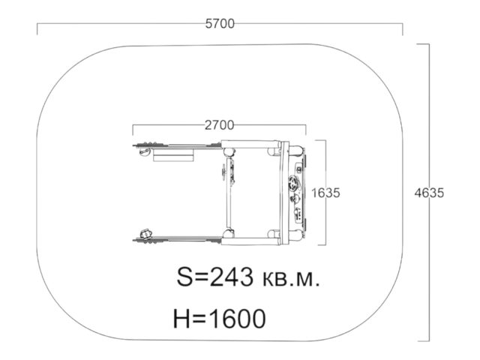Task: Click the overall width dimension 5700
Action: point(220,23)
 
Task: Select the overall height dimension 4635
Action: point(429,193)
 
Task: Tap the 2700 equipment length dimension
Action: point(219,125)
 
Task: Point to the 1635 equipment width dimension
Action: point(325,193)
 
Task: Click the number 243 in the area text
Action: point(232,277)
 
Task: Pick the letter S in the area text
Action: point(185,277)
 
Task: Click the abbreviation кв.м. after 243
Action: point(291,278)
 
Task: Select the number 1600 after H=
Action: point(238,319)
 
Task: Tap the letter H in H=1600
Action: point(181,319)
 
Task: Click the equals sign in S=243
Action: point(202,277)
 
